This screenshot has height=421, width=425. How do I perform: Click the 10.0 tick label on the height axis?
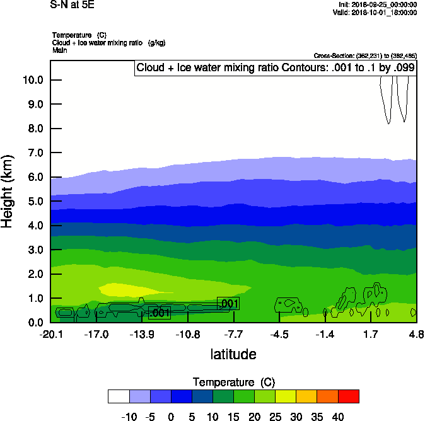click(32, 80)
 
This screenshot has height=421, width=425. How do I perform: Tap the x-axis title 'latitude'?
click(233, 354)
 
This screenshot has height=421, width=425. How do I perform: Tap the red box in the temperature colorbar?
click(349, 396)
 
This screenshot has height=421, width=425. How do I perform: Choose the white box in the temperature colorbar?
click(119, 396)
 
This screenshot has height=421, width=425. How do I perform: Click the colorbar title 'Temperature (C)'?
click(234, 383)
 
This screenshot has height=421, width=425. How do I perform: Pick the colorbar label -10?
click(129, 417)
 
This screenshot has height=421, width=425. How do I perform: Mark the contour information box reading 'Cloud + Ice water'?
click(276, 67)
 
